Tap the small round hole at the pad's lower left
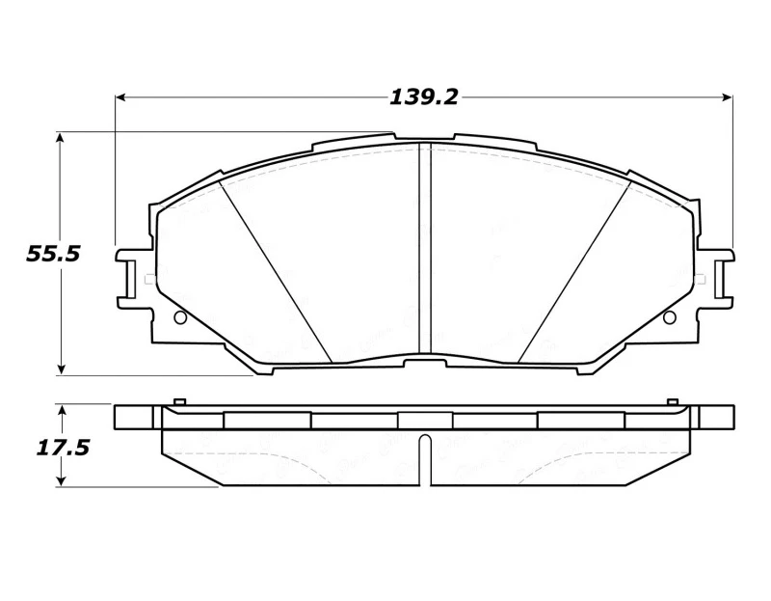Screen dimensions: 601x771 (x=179, y=317)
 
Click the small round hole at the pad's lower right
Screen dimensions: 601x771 (x=670, y=317)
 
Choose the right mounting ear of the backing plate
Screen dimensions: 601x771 (x=715, y=278)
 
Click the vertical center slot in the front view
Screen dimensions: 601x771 (x=424, y=251)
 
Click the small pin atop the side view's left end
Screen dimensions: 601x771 (x=177, y=400)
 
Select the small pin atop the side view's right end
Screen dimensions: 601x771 (x=673, y=400)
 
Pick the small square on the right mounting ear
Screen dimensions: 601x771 (x=701, y=280)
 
